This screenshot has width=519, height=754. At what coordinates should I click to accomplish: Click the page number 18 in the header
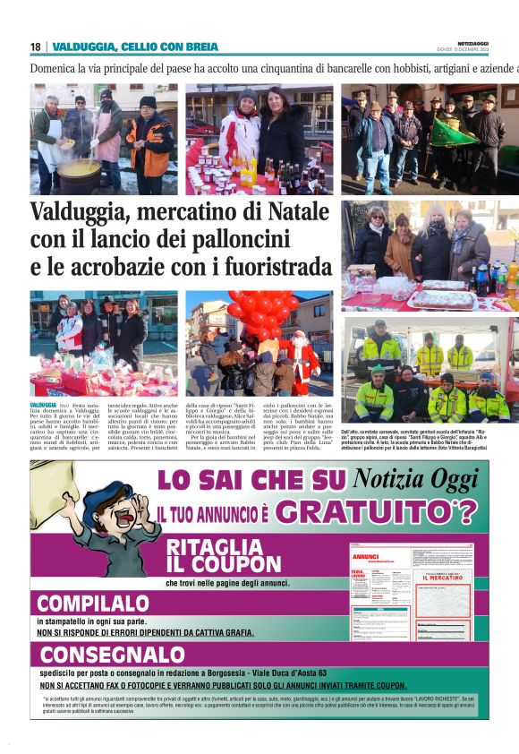tap(36, 47)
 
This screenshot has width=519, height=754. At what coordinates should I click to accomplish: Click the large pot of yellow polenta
tap(80, 167)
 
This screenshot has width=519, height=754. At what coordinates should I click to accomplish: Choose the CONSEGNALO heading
tap(111, 654)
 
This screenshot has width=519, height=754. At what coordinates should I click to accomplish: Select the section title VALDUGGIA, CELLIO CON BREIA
tap(134, 47)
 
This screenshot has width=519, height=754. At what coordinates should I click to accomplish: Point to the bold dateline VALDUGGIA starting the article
tap(43, 406)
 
